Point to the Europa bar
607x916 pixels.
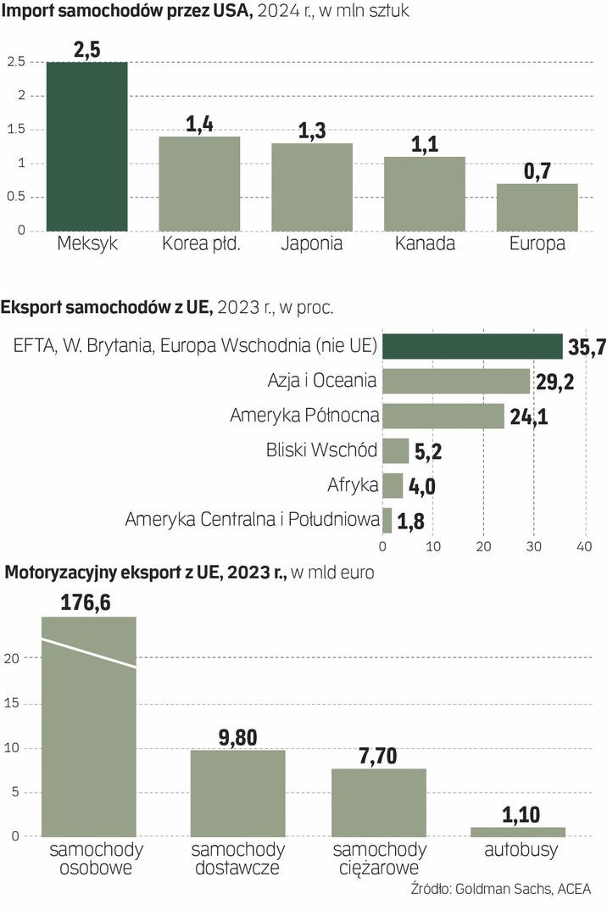tap(537, 207)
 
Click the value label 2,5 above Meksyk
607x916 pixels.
tap(87, 50)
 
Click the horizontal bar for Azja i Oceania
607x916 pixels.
tap(456, 381)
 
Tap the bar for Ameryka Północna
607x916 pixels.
tap(443, 416)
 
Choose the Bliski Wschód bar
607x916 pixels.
tap(396, 450)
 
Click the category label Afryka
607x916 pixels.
tap(352, 486)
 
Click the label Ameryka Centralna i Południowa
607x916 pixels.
tap(251, 520)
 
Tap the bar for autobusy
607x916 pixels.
tap(518, 832)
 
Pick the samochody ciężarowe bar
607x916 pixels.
tap(378, 802)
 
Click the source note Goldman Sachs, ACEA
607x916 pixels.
tap(522, 889)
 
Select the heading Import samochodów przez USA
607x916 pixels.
tap(128, 11)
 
